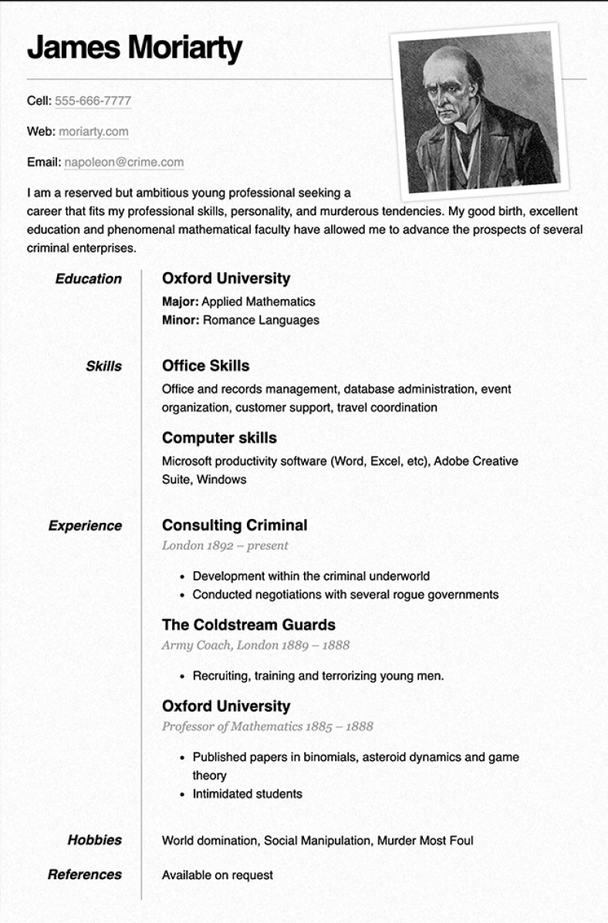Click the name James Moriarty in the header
click(134, 49)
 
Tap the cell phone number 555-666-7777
click(93, 101)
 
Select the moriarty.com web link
click(93, 132)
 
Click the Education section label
click(88, 279)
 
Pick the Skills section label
click(103, 366)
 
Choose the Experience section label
click(85, 526)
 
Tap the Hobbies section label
click(94, 840)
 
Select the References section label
click(85, 874)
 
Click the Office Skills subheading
click(205, 365)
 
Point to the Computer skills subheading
click(219, 438)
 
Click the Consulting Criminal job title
click(235, 525)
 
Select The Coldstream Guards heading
click(248, 625)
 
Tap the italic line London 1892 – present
click(225, 546)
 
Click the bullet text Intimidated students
click(247, 793)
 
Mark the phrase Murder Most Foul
click(425, 840)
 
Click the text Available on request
click(217, 875)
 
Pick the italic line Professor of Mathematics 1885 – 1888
click(267, 726)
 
